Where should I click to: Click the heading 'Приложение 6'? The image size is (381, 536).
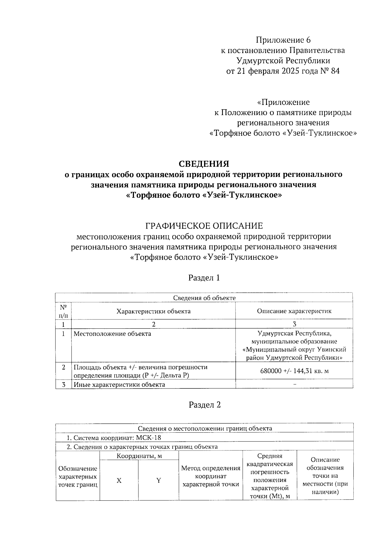(283, 40)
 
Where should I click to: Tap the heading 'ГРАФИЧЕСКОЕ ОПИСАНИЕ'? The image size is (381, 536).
(204, 226)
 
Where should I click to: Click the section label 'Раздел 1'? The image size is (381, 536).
(204, 278)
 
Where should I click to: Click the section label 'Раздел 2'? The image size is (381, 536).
(204, 405)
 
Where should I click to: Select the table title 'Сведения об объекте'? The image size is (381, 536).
(204, 298)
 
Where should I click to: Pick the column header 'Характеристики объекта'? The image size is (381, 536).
(153, 311)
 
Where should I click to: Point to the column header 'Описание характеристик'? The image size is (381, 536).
(294, 311)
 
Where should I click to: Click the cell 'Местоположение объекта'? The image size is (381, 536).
(112, 334)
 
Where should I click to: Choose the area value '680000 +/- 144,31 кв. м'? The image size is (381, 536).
(294, 371)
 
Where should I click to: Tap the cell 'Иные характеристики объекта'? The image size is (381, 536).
(119, 384)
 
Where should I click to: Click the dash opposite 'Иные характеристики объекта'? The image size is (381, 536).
(295, 384)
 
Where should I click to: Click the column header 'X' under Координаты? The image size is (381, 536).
(119, 481)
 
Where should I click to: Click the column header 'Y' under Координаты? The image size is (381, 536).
(158, 481)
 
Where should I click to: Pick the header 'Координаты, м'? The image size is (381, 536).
(139, 456)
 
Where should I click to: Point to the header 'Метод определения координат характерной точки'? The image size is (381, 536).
(211, 476)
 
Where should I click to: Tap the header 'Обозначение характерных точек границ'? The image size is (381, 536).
(78, 477)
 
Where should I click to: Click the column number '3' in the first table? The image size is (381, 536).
(294, 325)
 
